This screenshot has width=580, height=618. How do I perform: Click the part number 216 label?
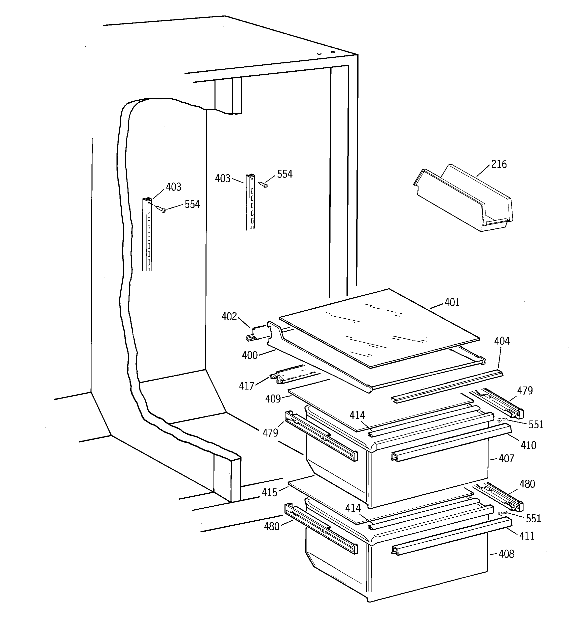499,164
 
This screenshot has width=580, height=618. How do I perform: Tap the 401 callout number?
452,302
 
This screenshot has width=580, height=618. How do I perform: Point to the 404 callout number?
502,341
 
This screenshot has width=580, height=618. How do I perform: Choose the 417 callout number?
246,386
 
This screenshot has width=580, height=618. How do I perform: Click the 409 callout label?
273,399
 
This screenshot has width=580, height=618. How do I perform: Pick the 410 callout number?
528,445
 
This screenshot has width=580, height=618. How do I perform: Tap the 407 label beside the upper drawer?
506,458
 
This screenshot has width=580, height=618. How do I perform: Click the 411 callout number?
527,536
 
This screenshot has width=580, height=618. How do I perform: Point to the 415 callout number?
269,492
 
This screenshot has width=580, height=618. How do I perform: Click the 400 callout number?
250,355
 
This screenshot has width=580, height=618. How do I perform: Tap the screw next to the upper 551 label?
501,420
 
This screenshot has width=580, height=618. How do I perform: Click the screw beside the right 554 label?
265,185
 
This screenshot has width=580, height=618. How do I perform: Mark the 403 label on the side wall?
173,187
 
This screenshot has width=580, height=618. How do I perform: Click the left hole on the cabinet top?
318,54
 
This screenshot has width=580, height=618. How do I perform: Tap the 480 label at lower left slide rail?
271,526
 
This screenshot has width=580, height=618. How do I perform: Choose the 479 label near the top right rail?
525,391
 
